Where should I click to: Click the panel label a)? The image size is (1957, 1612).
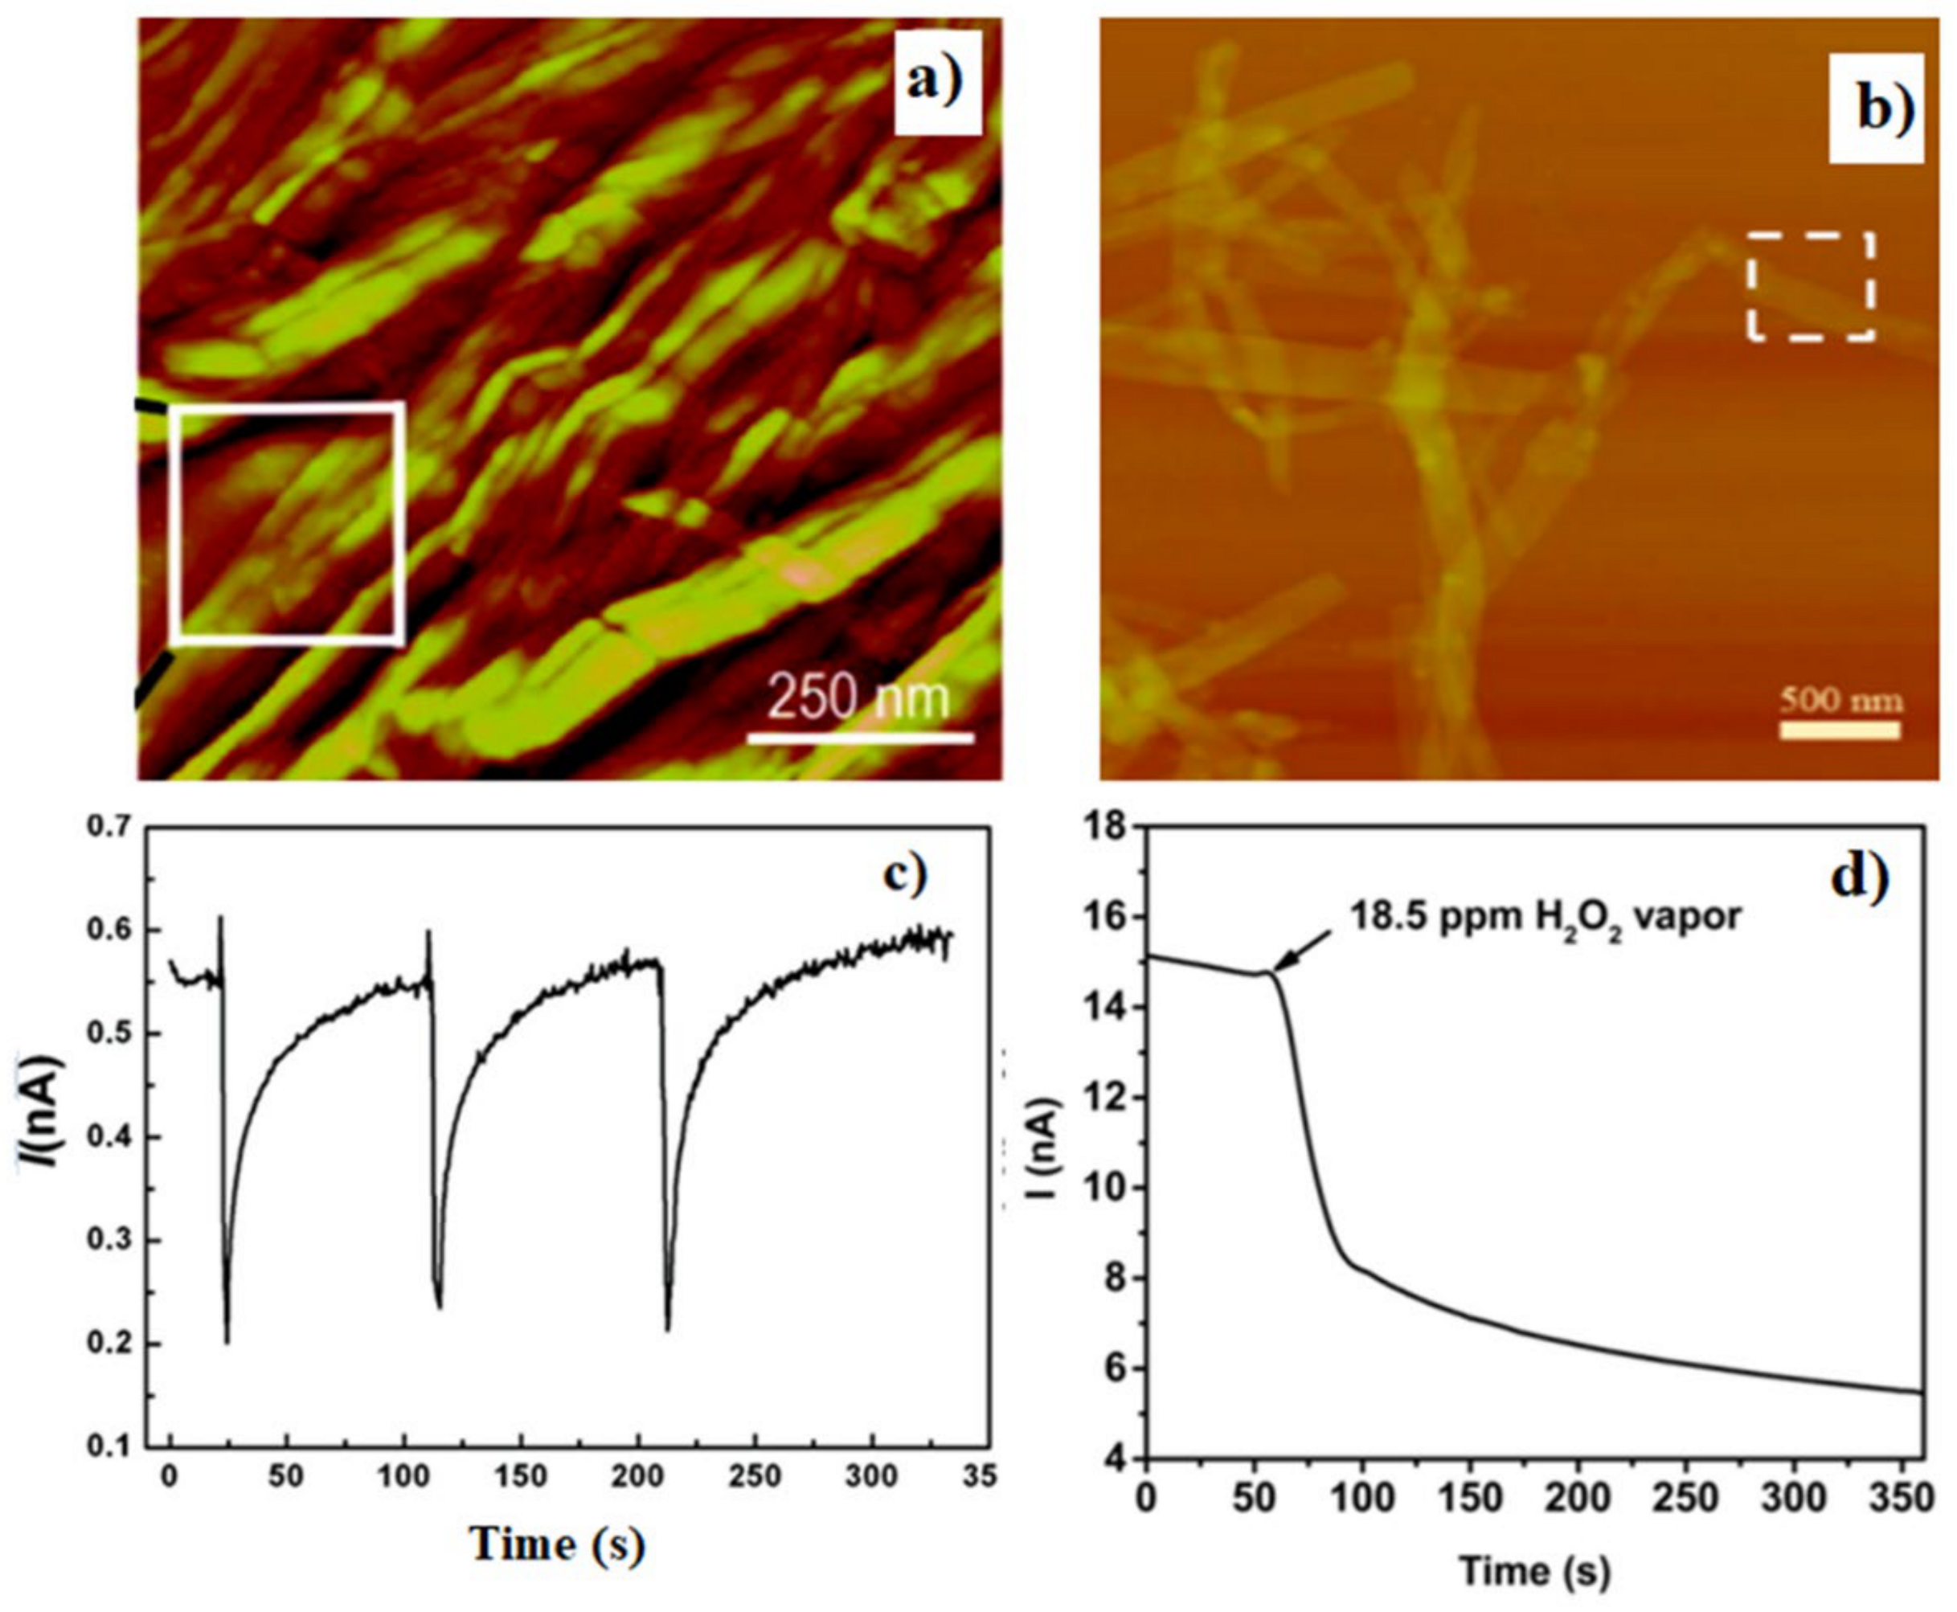[937, 83]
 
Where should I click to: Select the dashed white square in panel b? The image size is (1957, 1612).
[1809, 286]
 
